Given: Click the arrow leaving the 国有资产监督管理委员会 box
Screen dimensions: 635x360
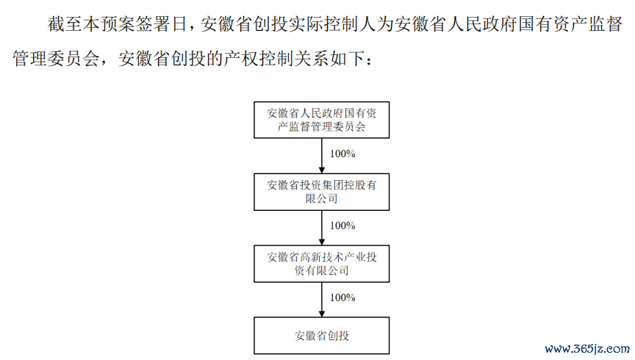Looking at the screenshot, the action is point(322,156).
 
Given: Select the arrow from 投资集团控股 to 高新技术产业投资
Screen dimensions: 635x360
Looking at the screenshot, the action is point(322,228).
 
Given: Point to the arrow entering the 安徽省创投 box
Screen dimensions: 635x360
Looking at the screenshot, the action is point(322,300).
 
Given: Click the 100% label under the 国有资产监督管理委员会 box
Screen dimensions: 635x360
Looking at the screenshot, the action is point(342,154).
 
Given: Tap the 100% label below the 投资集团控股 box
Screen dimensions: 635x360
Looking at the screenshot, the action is point(342,226).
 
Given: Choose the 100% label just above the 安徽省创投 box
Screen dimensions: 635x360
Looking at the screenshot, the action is point(342,298).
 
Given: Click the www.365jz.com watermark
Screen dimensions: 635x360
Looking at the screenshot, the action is point(587,349).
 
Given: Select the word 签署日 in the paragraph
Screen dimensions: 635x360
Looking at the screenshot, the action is point(161,24).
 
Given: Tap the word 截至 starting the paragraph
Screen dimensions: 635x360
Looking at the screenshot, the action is point(65,24).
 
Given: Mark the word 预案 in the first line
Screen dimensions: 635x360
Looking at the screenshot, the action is point(118,24).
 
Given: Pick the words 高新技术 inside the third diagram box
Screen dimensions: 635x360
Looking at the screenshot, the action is point(322,257).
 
